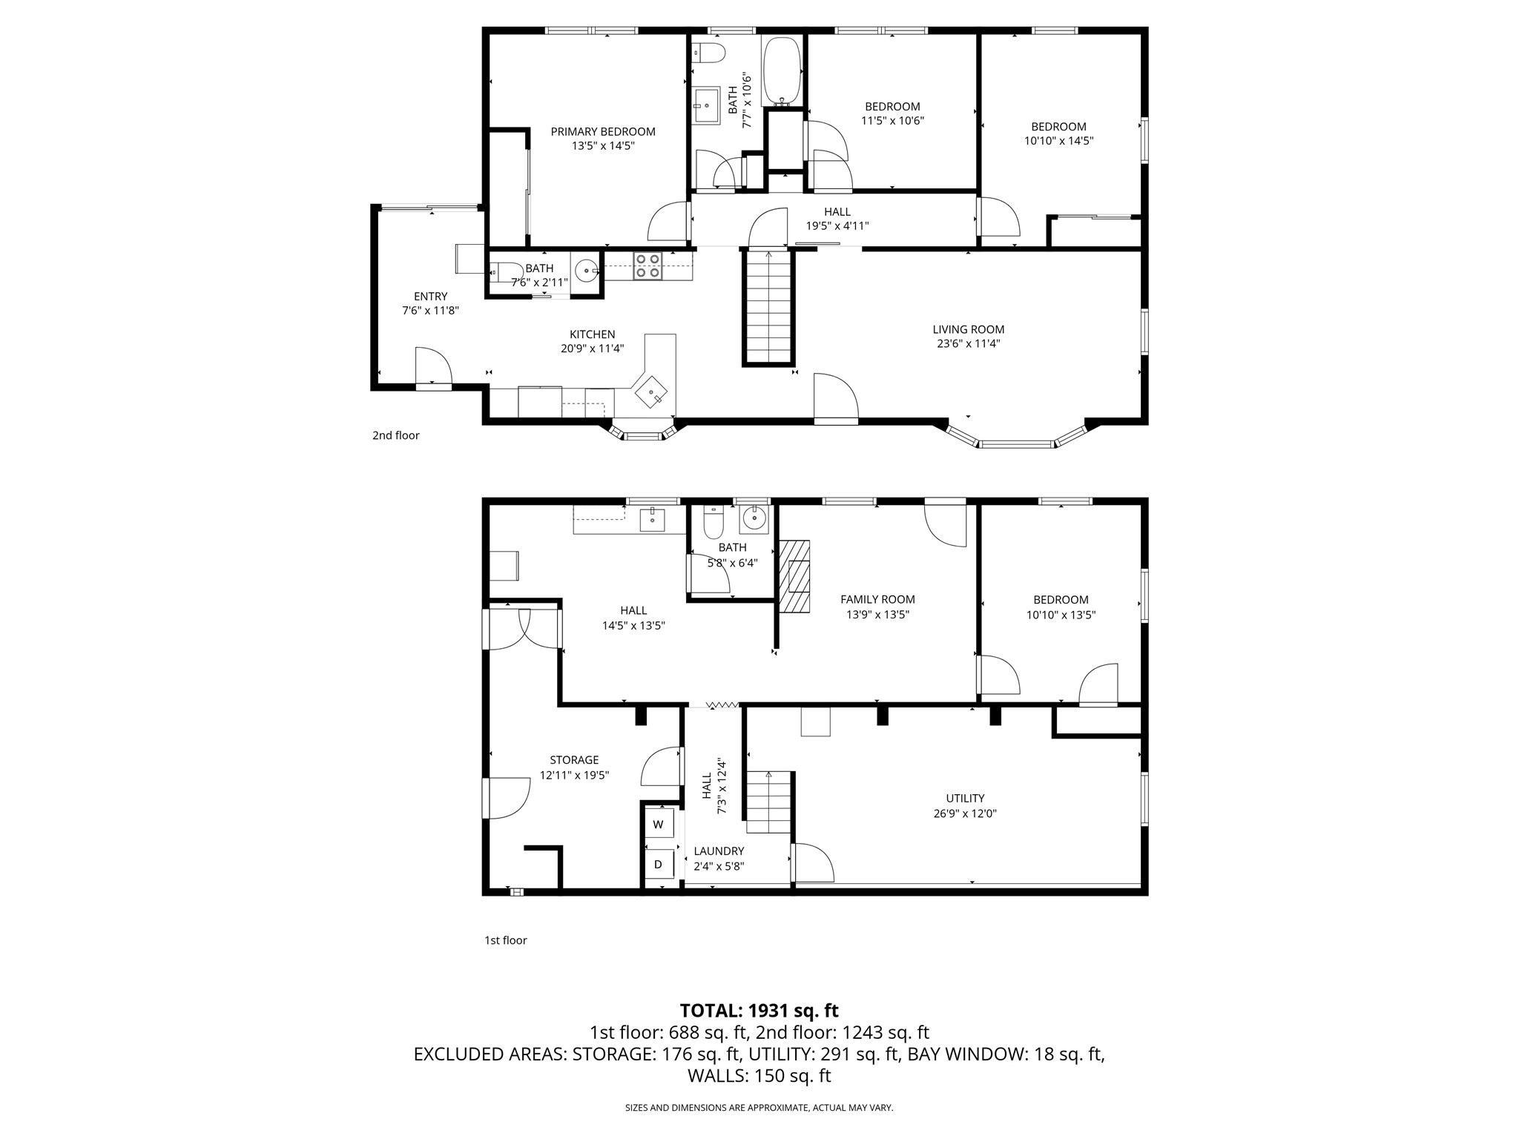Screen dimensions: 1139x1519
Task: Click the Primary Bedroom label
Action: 602,132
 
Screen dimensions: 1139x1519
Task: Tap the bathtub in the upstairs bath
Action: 781,70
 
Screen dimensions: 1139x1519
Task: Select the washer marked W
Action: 658,825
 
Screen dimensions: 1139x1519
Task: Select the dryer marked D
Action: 658,864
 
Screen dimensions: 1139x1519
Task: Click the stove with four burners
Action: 648,266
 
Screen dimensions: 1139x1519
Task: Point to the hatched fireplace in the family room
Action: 794,576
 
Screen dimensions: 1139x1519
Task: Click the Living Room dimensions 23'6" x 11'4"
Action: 968,343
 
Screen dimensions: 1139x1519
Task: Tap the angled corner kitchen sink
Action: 651,391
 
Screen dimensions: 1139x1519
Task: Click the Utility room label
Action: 964,798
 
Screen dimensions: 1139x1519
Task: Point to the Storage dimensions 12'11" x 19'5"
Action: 574,775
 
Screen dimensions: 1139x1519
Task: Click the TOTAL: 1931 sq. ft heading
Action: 759,1010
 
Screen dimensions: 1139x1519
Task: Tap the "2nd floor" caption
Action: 395,435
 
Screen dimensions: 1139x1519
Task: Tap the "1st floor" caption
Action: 505,940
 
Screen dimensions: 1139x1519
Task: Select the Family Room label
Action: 877,599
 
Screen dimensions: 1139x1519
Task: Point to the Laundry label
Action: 718,851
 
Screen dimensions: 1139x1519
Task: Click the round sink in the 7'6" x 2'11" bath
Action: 587,270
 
